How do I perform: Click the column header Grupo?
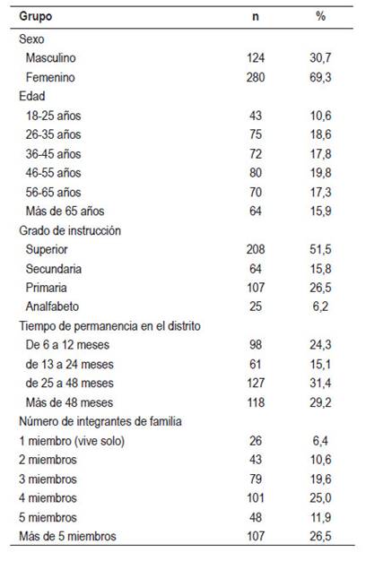36,16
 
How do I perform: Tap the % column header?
320,16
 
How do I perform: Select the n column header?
256,17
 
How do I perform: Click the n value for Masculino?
256,57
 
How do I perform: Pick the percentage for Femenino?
320,77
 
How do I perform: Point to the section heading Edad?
32,96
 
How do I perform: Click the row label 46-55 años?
53,173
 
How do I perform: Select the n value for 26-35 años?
256,134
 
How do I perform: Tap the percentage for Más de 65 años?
320,211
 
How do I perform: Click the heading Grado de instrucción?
70,231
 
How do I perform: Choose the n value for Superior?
256,249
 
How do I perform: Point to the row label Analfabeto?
52,306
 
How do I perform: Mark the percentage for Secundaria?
320,269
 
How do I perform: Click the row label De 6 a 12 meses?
67,345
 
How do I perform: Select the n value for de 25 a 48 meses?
256,384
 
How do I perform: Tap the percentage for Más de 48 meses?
320,402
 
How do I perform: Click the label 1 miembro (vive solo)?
72,441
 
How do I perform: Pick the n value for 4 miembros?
256,498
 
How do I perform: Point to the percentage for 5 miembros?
320,517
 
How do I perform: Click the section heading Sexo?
31,39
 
